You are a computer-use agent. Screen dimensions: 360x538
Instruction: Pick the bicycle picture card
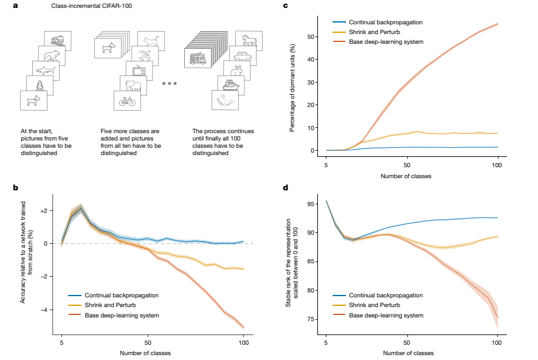pos(127,101)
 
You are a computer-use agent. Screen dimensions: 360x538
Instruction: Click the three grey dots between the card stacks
pos(170,83)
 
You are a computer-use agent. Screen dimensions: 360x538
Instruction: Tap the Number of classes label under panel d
pos(412,352)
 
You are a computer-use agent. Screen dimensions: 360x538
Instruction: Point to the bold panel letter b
pos(15,187)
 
